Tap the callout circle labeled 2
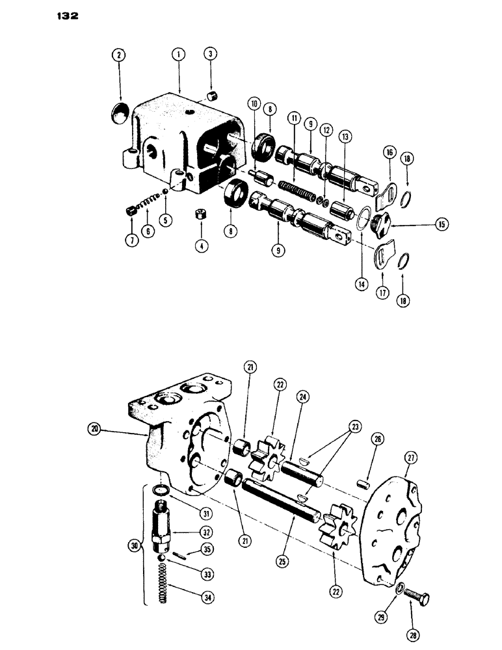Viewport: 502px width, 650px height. [120, 57]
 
